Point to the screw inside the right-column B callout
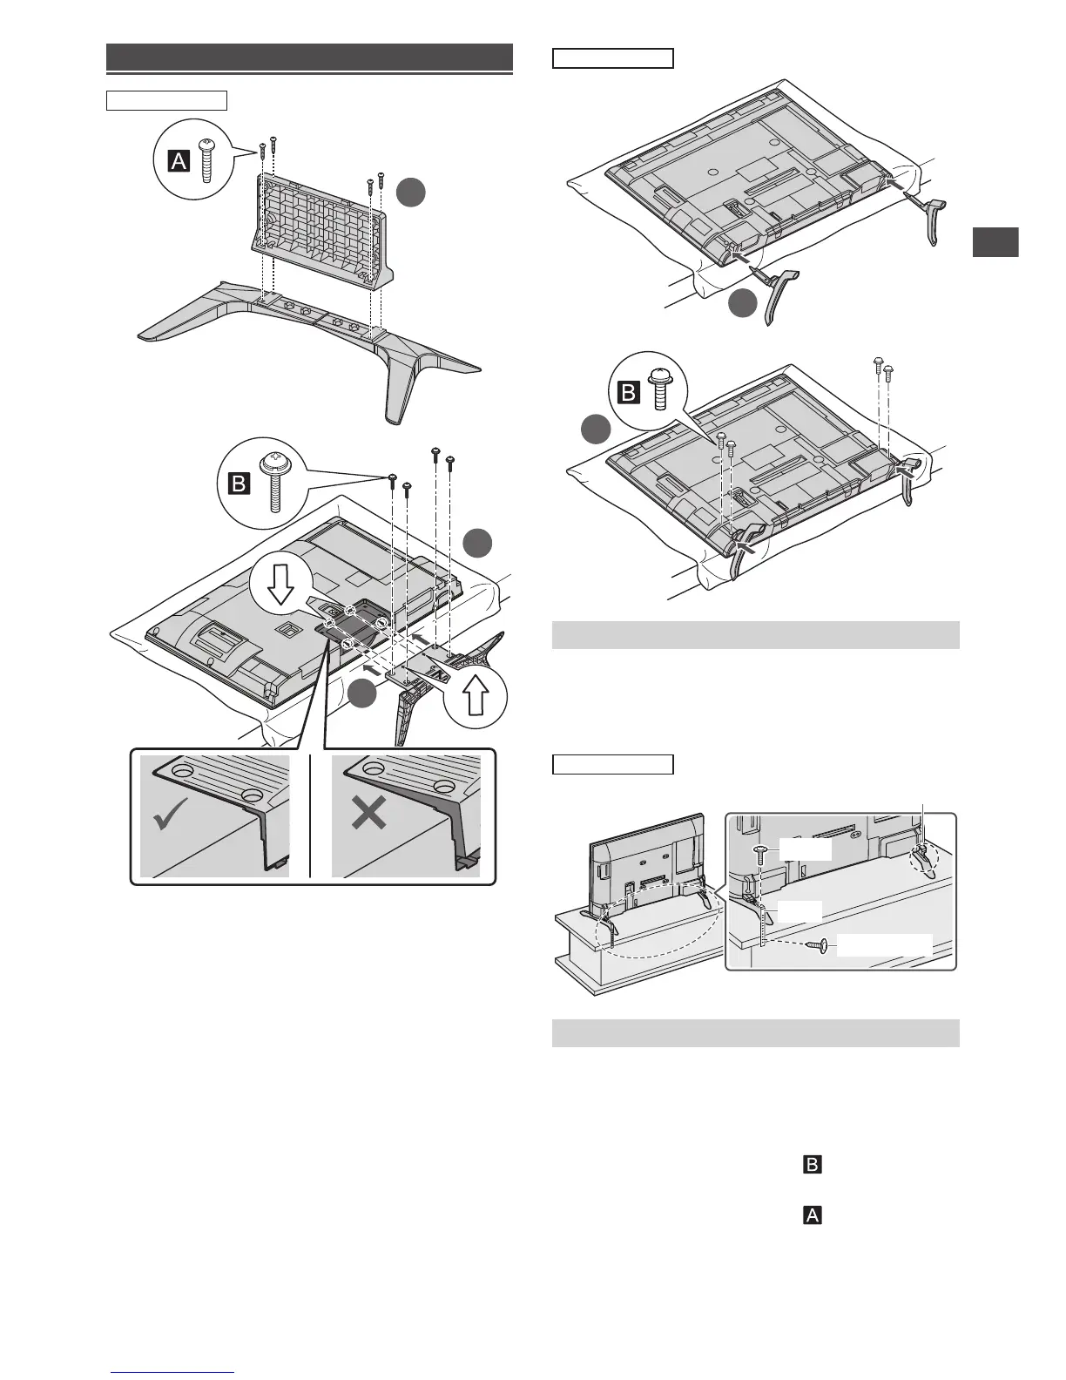(660, 389)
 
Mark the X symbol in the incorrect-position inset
(369, 815)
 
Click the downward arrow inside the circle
(280, 588)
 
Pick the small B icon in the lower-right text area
(812, 1164)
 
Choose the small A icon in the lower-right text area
(812, 1214)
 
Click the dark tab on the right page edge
(995, 242)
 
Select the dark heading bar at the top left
(309, 57)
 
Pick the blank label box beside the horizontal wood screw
(885, 945)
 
